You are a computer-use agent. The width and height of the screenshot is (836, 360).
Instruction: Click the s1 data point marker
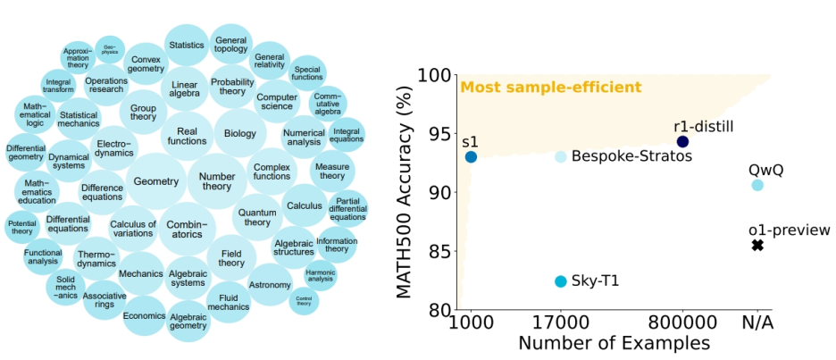tap(471, 157)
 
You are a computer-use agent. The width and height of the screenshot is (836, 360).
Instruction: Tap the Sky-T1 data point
tap(560, 281)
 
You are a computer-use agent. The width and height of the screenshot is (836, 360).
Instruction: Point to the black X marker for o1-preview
tap(757, 245)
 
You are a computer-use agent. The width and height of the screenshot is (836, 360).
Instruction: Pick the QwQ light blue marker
tap(757, 185)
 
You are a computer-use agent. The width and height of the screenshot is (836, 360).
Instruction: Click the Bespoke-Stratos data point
tap(560, 157)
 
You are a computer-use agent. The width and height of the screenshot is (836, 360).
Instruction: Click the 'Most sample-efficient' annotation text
tap(551, 88)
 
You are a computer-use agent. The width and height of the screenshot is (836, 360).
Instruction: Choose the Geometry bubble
tap(156, 181)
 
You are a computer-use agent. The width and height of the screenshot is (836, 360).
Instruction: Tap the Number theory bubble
tap(217, 181)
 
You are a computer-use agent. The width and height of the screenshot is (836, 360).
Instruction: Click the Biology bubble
tap(239, 134)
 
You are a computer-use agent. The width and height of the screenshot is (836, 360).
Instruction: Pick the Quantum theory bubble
tap(257, 216)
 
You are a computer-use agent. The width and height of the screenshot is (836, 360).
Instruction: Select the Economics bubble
tap(145, 315)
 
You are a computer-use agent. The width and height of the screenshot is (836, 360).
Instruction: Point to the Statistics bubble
tap(187, 45)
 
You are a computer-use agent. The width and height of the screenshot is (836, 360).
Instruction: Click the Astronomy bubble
tap(270, 285)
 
